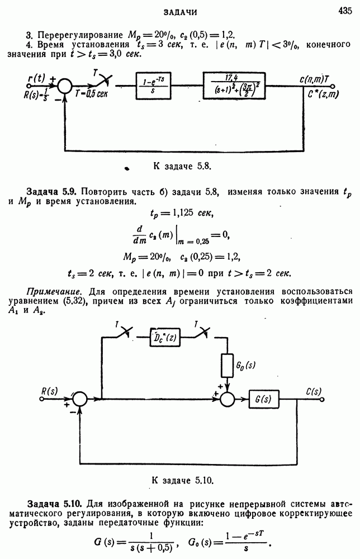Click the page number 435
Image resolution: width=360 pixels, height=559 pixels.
tap(345, 10)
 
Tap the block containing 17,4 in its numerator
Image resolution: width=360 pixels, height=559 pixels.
tap(243, 85)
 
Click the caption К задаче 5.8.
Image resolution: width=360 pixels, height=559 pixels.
tap(181, 166)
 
